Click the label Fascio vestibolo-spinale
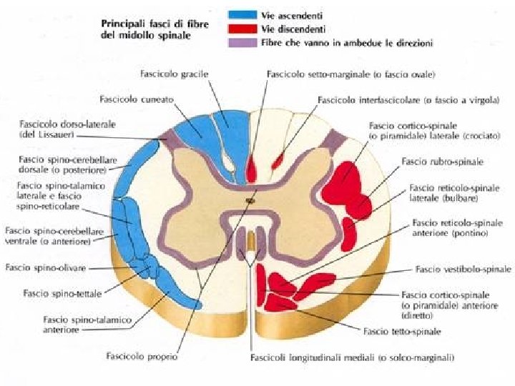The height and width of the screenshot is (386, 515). coord(463,269)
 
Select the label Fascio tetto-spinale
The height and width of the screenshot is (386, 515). coord(402,332)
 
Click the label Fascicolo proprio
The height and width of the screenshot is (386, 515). coord(142,355)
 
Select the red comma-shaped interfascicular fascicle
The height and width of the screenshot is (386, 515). coord(277,159)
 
